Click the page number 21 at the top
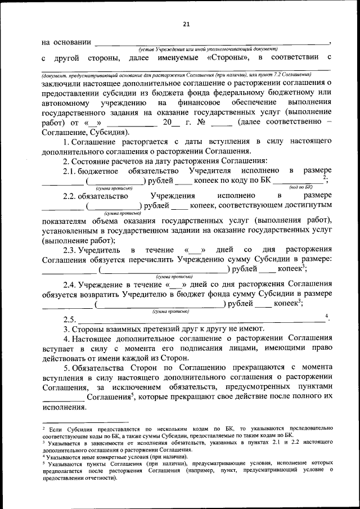click(x=187, y=23)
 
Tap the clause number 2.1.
click(x=71, y=170)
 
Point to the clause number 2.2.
click(x=71, y=196)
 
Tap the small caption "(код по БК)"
click(x=300, y=187)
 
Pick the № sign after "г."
click(x=201, y=123)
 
